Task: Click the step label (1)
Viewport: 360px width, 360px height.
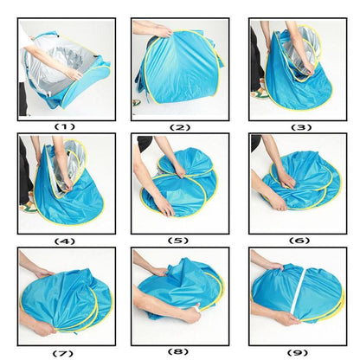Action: point(65,126)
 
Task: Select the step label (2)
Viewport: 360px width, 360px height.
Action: point(180,127)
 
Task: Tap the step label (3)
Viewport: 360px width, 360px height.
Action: point(301,127)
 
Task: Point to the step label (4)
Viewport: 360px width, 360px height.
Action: point(65,241)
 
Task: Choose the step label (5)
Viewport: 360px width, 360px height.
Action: point(178,241)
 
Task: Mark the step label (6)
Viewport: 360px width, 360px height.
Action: point(299,241)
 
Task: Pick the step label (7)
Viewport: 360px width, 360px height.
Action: point(63,353)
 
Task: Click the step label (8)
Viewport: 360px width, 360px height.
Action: point(178,351)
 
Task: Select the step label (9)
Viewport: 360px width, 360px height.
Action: point(298,352)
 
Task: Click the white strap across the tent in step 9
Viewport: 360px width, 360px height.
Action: point(298,291)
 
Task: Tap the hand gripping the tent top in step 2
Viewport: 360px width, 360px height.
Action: point(164,31)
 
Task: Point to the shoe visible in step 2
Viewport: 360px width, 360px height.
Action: point(136,102)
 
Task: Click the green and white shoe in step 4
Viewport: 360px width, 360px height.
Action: point(28,207)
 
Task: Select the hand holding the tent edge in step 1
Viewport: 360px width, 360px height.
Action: point(74,74)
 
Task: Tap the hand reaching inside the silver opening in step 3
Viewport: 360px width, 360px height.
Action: point(309,67)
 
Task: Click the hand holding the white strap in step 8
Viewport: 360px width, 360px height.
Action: point(192,314)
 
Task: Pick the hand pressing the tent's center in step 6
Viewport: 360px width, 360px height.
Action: point(286,181)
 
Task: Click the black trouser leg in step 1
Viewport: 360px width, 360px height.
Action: point(22,99)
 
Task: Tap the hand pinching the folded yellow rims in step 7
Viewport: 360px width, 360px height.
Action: point(43,328)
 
